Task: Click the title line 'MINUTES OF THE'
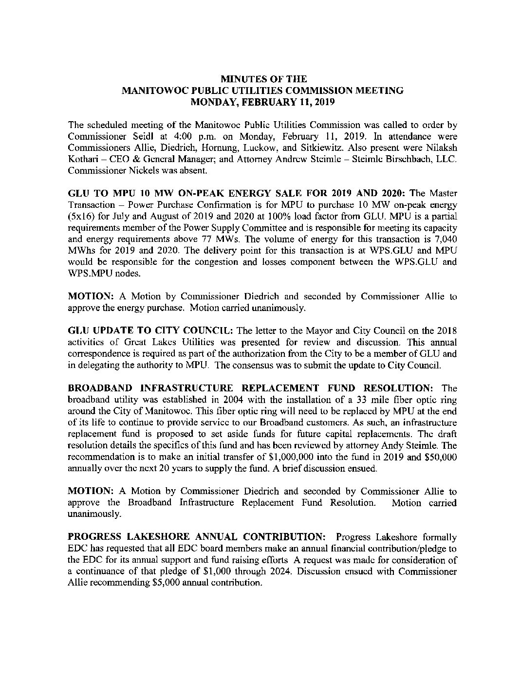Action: tap(263, 79)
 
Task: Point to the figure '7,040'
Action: tap(446, 239)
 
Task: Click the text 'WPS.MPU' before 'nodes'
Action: tap(86, 274)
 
